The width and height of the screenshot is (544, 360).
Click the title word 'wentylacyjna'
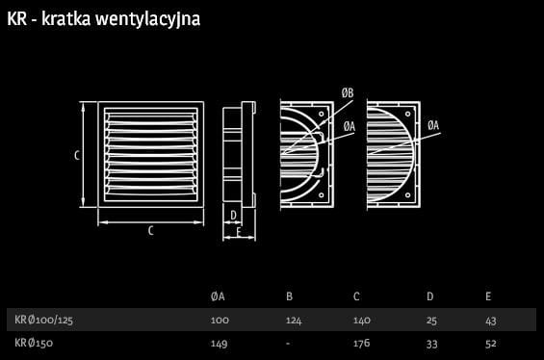[148, 19]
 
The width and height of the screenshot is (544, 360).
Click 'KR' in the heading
[16, 18]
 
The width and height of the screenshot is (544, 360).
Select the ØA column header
[218, 296]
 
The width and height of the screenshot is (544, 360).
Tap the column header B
[290, 296]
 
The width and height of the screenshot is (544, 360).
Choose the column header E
[488, 296]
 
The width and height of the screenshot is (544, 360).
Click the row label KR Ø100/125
[43, 320]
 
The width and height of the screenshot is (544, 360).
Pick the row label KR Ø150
[34, 343]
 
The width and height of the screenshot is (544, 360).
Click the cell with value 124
[294, 321]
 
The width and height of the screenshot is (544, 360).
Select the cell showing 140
[362, 321]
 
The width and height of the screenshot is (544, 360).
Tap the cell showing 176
[361, 344]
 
